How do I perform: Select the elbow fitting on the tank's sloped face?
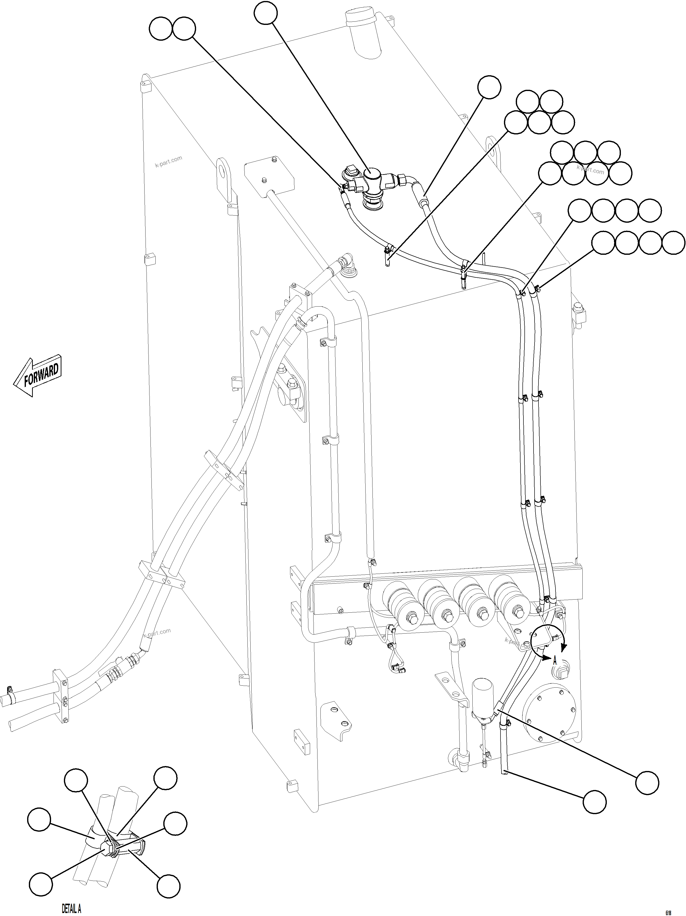[x=346, y=265]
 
